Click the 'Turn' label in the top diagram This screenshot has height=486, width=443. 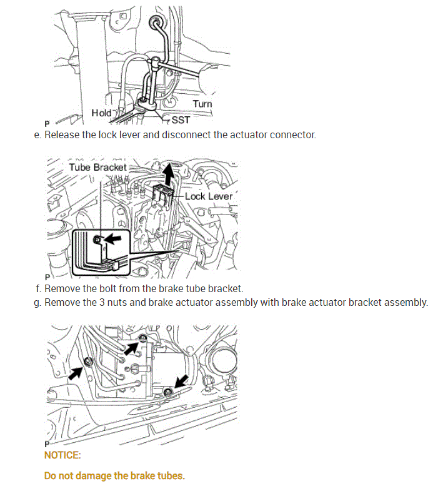click(x=202, y=103)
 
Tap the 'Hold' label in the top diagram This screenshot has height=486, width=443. click(x=101, y=113)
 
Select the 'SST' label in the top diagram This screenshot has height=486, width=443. click(x=181, y=119)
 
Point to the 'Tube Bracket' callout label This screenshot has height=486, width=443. click(x=97, y=167)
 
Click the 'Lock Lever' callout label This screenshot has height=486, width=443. click(x=209, y=196)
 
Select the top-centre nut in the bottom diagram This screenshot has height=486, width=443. click(x=143, y=339)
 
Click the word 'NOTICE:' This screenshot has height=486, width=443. click(x=62, y=455)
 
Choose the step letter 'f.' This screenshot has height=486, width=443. click(x=39, y=288)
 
